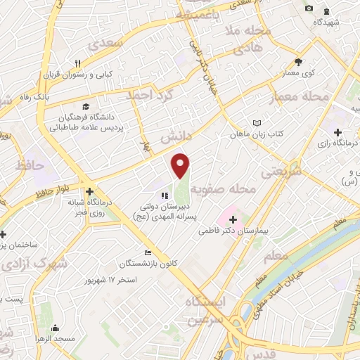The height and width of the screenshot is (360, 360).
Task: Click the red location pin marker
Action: [181, 166]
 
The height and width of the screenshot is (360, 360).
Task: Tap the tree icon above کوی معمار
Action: [298, 62]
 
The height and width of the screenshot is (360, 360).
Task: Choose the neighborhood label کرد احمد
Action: [150, 95]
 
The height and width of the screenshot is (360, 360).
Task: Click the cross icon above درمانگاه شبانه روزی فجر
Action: [89, 191]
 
